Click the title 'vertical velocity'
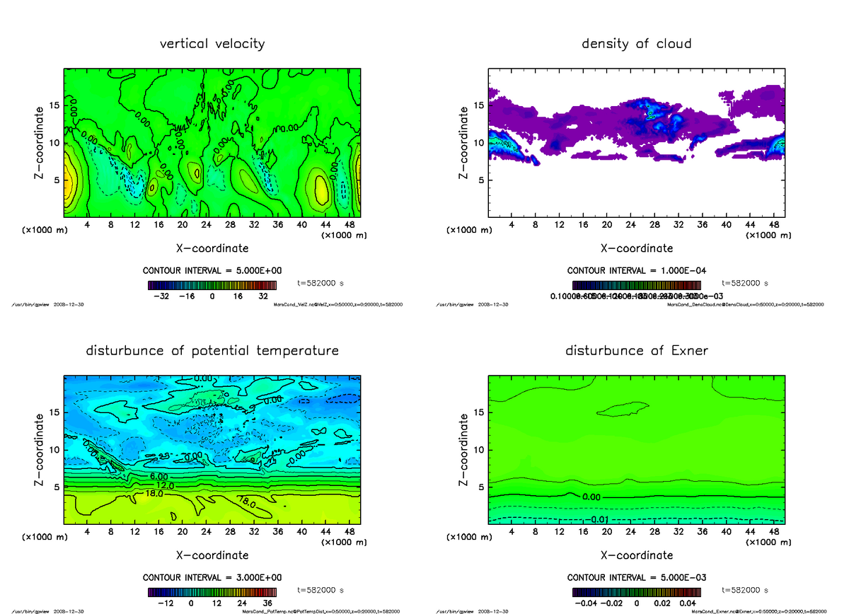tap(212, 44)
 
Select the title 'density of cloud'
tap(636, 44)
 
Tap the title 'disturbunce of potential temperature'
tap(212, 351)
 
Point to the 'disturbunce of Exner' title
tap(636, 351)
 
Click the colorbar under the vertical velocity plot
tap(212, 285)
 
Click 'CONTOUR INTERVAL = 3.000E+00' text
tap(212, 577)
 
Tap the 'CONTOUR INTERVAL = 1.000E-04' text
tap(636, 271)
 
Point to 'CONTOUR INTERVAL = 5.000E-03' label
tap(636, 577)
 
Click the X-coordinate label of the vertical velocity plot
tap(212, 248)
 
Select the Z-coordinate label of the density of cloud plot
tap(464, 142)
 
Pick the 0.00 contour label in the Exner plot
tap(591, 497)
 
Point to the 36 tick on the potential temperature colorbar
tap(268, 603)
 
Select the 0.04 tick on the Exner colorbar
tap(687, 603)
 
